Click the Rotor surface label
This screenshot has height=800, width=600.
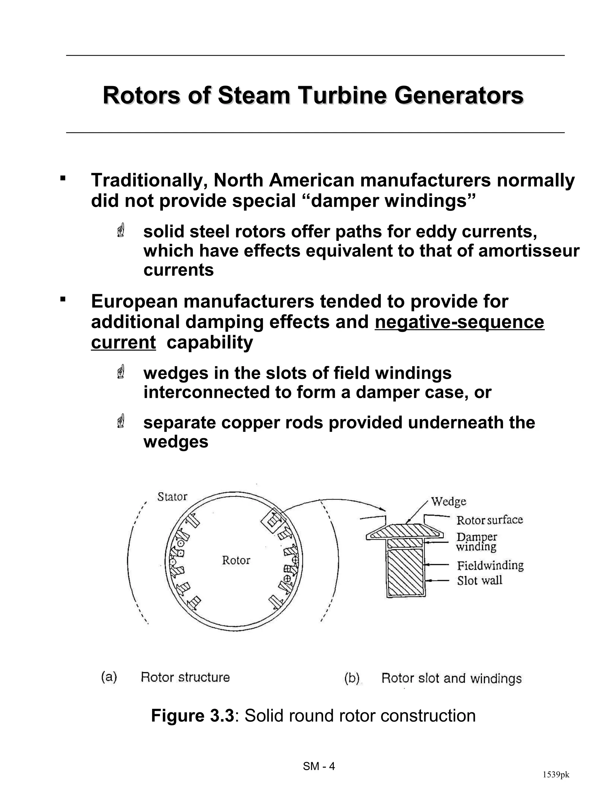point(489,520)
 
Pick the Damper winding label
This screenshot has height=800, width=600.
point(476,541)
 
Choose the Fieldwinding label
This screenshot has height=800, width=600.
point(490,565)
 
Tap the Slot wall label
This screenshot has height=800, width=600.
point(480,581)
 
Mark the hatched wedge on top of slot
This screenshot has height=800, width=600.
point(405,532)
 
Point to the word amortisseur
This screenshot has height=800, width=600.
point(529,251)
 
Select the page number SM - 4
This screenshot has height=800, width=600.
point(319,766)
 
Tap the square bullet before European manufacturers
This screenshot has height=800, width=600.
point(63,299)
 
